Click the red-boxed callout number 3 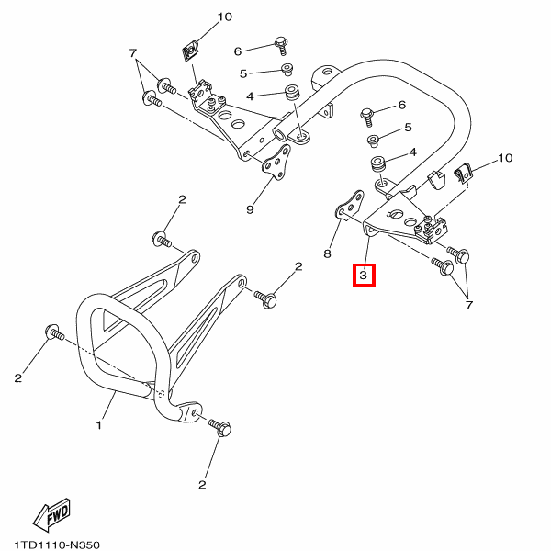click(x=364, y=275)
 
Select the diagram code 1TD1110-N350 click(x=57, y=545)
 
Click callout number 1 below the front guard click(x=99, y=425)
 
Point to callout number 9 click(x=250, y=209)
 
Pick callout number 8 click(x=327, y=253)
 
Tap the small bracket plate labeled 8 click(x=349, y=206)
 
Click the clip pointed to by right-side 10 click(x=464, y=174)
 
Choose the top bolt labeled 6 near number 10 click(x=282, y=45)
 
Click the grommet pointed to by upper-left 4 click(x=292, y=92)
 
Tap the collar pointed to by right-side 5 click(x=373, y=140)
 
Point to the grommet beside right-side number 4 click(x=378, y=164)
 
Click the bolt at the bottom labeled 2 click(x=219, y=427)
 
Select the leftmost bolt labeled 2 click(x=54, y=332)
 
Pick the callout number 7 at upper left click(x=132, y=53)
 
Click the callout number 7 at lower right click(x=469, y=305)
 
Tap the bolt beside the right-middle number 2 click(x=265, y=299)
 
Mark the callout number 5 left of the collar click(x=243, y=73)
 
